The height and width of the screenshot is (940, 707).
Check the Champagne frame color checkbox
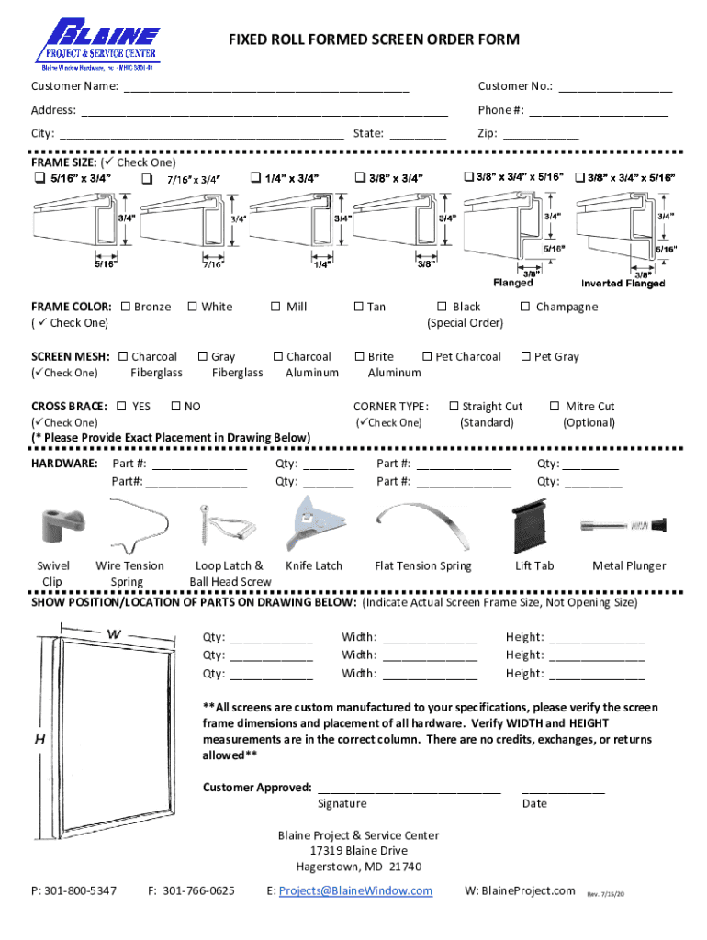526,307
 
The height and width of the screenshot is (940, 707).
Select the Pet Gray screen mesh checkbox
525,356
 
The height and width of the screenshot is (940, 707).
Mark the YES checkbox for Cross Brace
122,406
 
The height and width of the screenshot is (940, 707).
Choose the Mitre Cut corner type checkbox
555,406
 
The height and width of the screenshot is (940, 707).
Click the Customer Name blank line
266,88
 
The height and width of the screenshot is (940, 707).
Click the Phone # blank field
598,112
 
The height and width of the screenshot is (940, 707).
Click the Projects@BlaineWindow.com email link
355,890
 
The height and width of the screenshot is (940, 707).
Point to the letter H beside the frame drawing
40,739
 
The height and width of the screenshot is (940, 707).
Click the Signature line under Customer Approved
409,789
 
